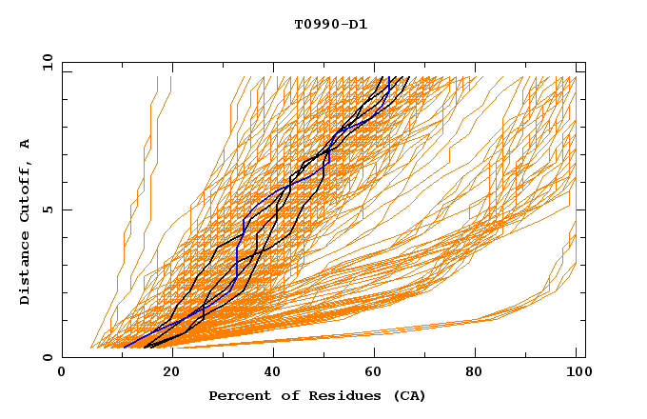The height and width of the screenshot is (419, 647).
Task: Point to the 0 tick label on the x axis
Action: (x=62, y=373)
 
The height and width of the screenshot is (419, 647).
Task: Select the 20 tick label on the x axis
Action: (x=170, y=373)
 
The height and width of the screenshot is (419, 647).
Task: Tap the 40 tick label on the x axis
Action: (x=273, y=373)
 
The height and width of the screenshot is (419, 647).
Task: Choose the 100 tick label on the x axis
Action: (x=578, y=373)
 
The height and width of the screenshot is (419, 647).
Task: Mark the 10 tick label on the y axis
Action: (x=46, y=63)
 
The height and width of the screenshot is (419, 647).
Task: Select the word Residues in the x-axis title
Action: (x=330, y=395)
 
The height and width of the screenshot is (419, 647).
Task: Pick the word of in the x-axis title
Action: (x=281, y=395)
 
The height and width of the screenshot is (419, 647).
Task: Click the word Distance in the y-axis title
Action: (x=25, y=270)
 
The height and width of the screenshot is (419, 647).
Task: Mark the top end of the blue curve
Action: (x=390, y=77)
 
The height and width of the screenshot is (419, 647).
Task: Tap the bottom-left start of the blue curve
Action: (x=124, y=347)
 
